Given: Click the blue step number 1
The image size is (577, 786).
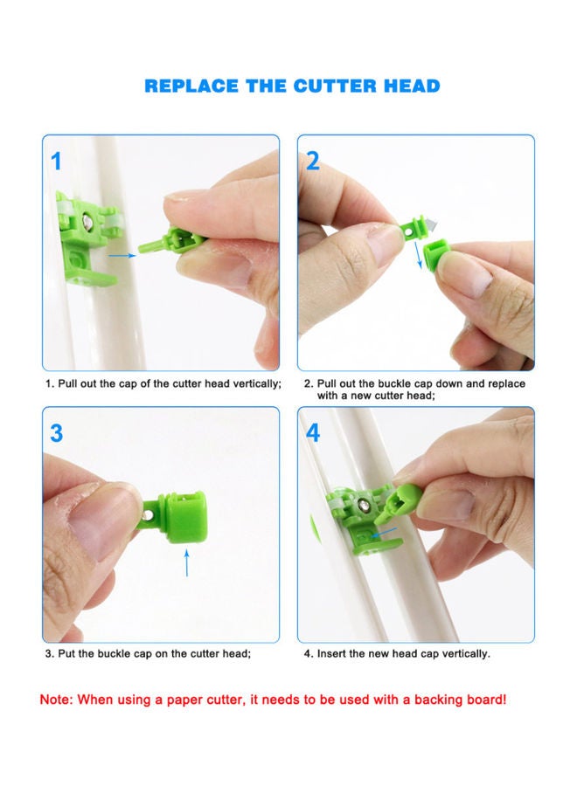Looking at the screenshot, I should click(57, 162).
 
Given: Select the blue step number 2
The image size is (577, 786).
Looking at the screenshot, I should click(313, 162).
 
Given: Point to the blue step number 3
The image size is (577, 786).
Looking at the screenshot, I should click(57, 432).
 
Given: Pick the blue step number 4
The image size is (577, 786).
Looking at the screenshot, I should click(313, 432).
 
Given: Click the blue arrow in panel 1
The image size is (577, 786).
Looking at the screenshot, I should click(122, 255).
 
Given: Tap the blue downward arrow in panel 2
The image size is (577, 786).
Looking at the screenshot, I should click(417, 252).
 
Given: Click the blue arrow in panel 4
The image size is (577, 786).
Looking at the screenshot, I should click(384, 530).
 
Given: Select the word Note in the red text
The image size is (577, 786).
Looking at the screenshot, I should click(56, 700).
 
